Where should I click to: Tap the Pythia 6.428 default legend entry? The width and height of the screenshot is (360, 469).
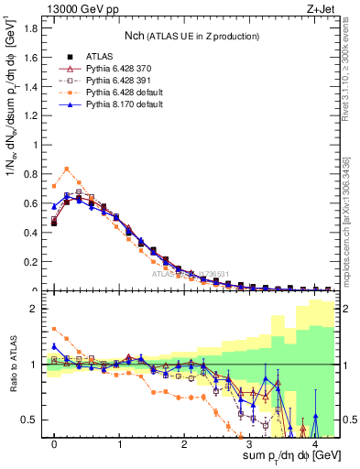(x=134, y=93)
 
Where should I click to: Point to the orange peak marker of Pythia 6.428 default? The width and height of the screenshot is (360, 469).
(x=67, y=169)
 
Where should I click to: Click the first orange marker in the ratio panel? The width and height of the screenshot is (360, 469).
(x=54, y=329)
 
